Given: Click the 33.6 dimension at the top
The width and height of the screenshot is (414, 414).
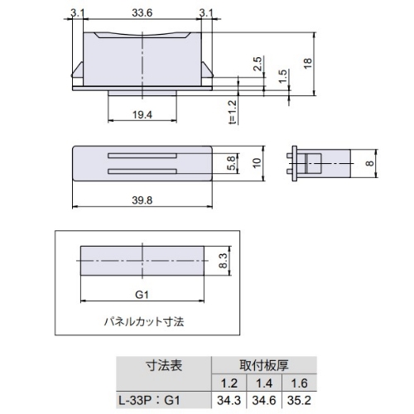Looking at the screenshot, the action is click(x=142, y=13).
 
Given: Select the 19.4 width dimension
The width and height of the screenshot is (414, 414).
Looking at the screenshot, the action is click(x=142, y=115).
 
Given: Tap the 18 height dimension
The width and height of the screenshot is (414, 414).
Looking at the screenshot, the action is click(x=308, y=63).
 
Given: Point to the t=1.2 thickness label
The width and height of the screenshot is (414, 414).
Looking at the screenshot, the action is click(x=233, y=112).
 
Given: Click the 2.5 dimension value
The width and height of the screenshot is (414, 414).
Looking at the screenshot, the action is click(x=258, y=64).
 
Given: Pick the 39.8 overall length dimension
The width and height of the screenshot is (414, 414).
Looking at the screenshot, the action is click(x=142, y=200).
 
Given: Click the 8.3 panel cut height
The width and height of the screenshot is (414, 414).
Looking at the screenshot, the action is click(x=223, y=261).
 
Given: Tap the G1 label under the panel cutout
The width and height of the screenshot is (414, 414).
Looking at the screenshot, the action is click(x=142, y=295).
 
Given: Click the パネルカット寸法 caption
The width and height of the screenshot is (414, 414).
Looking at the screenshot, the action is click(x=144, y=322).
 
